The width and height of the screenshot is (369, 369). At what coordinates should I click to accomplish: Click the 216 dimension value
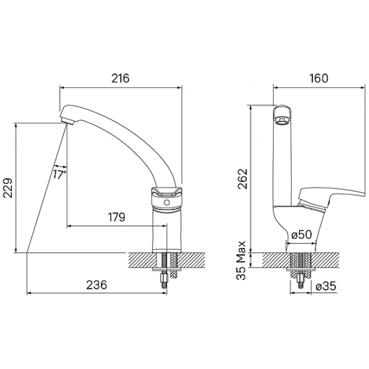tap(120, 78)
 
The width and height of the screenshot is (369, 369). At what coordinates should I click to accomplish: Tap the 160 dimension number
tap(318, 78)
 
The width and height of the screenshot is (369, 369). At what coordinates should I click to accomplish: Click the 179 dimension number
tap(116, 217)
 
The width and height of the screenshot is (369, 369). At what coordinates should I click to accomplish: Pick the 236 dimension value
tap(97, 285)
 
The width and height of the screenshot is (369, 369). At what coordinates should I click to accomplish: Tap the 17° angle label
tap(59, 174)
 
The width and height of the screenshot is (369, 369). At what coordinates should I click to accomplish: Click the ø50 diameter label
tap(301, 234)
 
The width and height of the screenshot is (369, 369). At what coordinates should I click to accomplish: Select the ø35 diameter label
tap(326, 286)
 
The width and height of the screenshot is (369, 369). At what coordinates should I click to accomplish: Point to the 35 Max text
tap(241, 260)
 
